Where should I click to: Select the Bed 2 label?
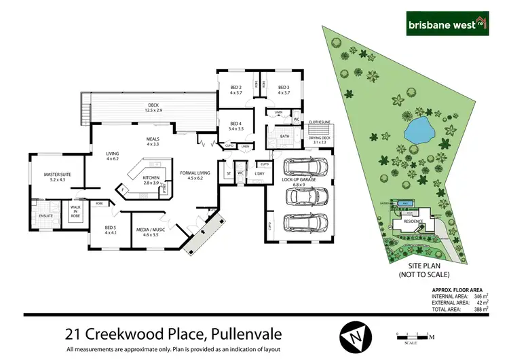236,90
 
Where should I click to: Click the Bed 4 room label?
235,126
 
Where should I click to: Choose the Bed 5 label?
111,230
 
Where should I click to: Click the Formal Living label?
195,175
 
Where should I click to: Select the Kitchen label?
151,180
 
